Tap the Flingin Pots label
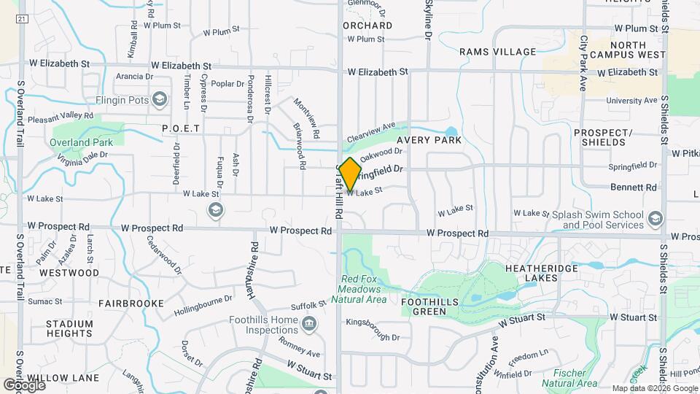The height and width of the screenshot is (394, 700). coord(121,100)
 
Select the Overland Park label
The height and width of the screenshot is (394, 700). coord(82,142)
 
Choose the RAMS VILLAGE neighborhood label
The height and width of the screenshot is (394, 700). coord(497,52)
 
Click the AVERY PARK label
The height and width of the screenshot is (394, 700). coord(429,139)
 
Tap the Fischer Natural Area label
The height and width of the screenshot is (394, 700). coord(570,377)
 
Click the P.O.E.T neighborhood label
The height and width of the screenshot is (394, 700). coord(181,128)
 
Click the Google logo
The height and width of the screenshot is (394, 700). coord(24,385)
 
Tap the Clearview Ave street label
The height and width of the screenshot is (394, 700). coord(370,132)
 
